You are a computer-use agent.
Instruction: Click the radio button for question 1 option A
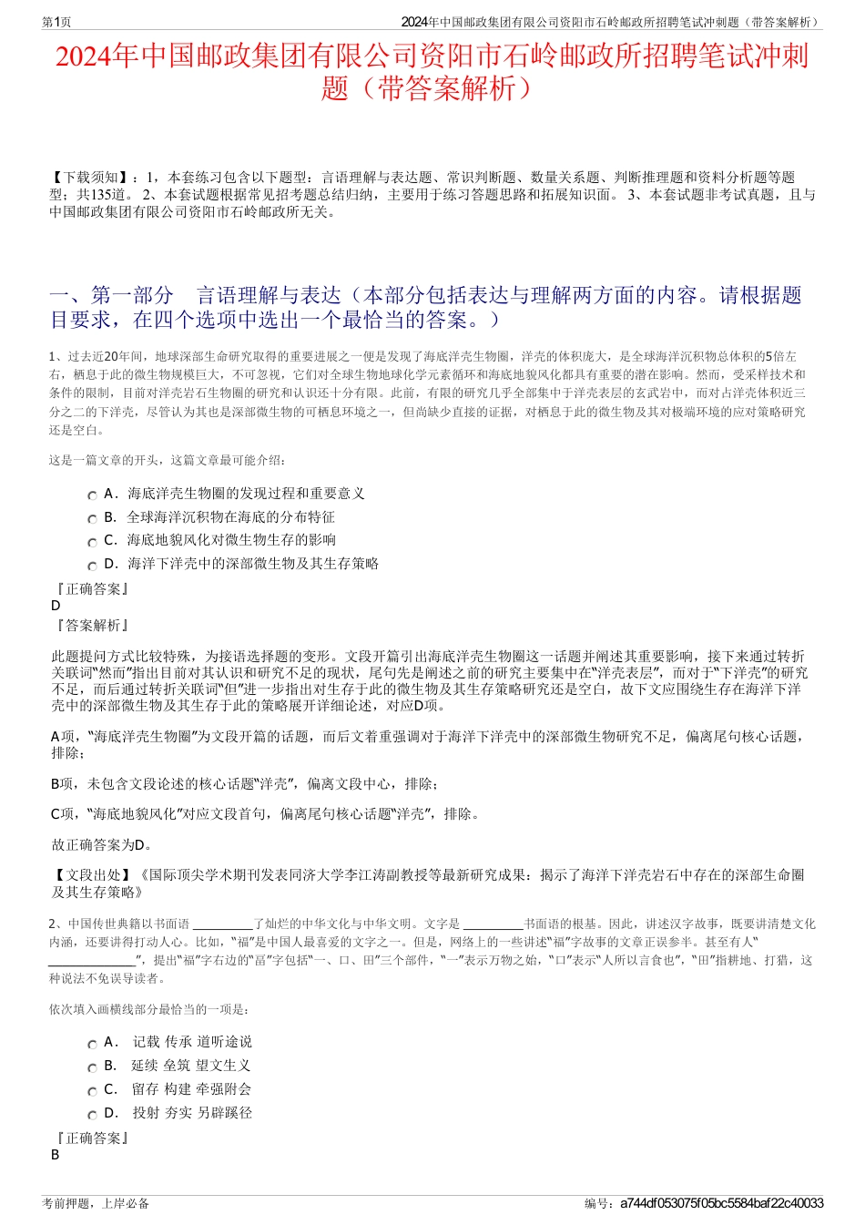pos(92,495)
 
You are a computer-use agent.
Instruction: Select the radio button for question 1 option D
pos(92,566)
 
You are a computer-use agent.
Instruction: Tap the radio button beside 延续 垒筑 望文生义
pos(92,1067)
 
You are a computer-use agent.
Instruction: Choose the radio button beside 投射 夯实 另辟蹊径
pos(92,1115)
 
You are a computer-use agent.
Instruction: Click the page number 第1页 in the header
pos(56,21)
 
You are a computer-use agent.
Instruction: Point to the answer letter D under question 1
pos(56,606)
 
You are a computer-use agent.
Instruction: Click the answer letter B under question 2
pos(55,1155)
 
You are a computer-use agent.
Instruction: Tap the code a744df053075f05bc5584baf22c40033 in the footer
pos(721,1203)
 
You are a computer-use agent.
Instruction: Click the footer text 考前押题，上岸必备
pos(96,1203)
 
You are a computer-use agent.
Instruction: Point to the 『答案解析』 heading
pos(91,626)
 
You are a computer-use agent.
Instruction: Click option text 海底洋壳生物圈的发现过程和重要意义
pos(246,494)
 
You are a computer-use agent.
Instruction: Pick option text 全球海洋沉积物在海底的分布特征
pos(230,517)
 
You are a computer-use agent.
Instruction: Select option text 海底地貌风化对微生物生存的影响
pos(231,540)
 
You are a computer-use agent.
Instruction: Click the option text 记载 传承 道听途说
pos(192,1042)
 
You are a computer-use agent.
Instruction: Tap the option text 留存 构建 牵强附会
pos(191,1089)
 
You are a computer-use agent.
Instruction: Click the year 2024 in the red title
pos(85,57)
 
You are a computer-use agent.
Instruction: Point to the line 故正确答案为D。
pos(103,845)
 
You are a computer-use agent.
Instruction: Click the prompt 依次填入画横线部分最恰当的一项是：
pos(148,1009)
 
